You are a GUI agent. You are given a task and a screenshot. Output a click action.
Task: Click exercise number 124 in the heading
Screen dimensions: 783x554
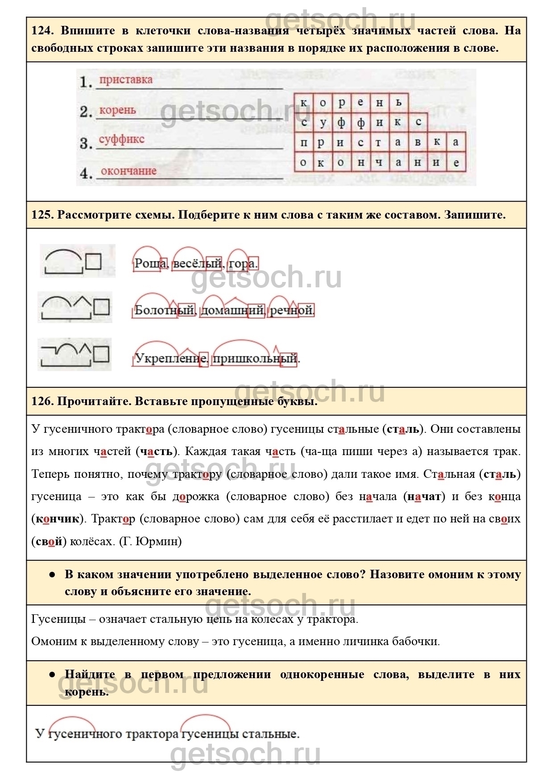tap(42, 31)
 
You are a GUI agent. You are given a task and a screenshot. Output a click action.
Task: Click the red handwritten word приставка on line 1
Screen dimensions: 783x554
tap(125, 80)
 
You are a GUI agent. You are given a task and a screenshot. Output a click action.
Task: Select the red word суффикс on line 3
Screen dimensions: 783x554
tap(121, 139)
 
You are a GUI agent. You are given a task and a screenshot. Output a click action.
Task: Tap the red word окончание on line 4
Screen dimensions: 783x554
tap(128, 171)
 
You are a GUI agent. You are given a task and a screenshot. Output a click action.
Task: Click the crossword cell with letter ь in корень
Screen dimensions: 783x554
tap(399, 102)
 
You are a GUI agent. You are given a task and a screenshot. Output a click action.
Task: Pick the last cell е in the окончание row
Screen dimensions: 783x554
tap(456, 163)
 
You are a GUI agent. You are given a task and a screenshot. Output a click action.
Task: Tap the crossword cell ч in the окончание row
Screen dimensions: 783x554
tap(379, 163)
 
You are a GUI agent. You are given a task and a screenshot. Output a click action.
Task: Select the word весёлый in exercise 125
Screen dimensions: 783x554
tap(197, 264)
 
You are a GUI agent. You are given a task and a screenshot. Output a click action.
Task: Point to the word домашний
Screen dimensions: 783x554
tap(232, 310)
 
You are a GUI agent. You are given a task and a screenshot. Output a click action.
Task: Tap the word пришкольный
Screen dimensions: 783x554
tap(254, 358)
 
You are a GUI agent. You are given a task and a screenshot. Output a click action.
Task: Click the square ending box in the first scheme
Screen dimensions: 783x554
tap(93, 261)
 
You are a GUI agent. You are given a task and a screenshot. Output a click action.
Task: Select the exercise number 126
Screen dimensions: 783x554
tap(42, 401)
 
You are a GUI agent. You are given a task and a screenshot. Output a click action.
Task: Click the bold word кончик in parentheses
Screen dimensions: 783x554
tap(57, 519)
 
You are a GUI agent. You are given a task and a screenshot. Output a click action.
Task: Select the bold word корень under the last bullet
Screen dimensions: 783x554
tap(87, 692)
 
